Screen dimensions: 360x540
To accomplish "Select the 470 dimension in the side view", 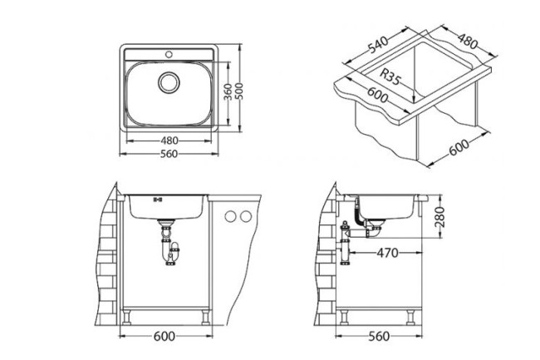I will click(x=389, y=252).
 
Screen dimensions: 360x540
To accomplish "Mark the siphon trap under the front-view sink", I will click(x=169, y=246).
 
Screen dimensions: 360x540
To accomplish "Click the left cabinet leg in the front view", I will click(x=130, y=316).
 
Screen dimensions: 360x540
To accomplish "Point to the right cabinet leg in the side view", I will click(x=411, y=315).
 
